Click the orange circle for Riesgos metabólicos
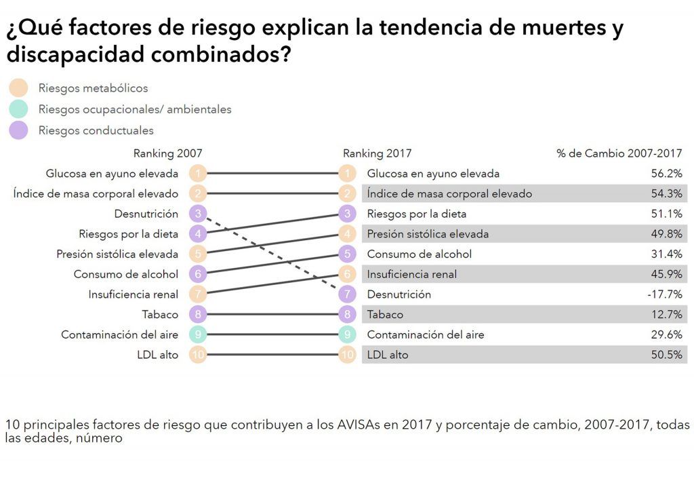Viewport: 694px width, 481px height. coord(18,88)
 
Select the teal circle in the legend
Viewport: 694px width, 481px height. coord(18,109)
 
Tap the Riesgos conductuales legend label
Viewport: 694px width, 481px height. coord(96,130)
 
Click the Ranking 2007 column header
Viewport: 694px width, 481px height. coord(167,153)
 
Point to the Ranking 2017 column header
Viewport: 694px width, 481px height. coord(377,153)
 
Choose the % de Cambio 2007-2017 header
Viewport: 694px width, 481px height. coord(619,153)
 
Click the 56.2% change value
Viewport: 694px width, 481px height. coord(666,174)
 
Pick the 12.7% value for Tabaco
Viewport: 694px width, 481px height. coord(666,315)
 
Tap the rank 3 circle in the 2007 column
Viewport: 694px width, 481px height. coord(197,214)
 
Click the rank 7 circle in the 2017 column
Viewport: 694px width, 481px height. coord(347,294)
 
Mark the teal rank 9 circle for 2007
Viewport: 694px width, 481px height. coord(197,334)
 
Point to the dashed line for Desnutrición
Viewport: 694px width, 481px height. coord(272,254)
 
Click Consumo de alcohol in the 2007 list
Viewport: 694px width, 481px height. coord(126,274)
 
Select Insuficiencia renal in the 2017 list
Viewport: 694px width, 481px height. coord(411,274)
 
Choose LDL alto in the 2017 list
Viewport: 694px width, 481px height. coord(388,355)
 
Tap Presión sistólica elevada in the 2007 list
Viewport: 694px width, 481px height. coord(117,254)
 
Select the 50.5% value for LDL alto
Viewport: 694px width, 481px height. coord(666,355)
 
